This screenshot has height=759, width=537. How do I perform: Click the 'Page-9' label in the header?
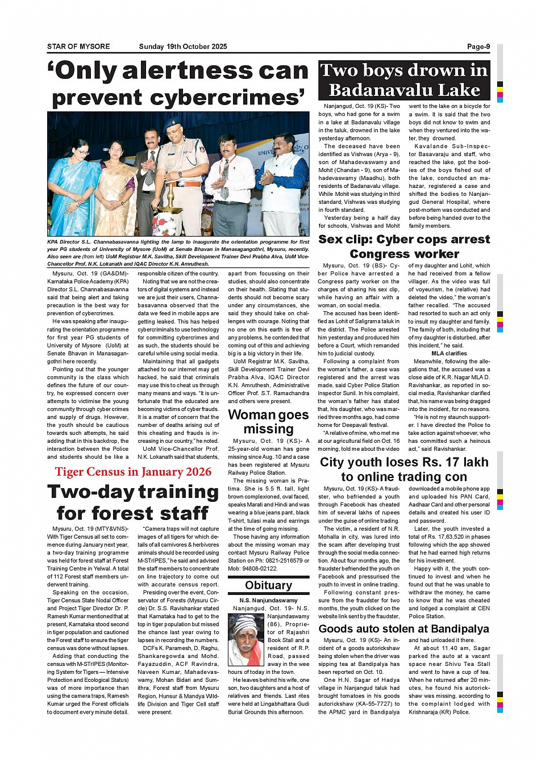pyautogui.click(x=478, y=47)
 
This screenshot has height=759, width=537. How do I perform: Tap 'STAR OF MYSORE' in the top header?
pyautogui.click(x=78, y=47)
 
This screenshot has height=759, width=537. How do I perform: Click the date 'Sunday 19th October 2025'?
pyautogui.click(x=182, y=47)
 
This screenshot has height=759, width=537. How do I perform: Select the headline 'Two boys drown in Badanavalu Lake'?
pyautogui.click(x=404, y=80)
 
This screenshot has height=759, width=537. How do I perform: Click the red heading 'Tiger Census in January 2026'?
pyautogui.click(x=133, y=472)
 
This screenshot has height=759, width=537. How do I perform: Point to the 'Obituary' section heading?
pyautogui.click(x=268, y=585)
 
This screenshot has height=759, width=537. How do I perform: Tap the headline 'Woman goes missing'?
pyautogui.click(x=268, y=422)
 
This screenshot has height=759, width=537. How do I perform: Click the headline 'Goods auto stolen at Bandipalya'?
pyautogui.click(x=403, y=628)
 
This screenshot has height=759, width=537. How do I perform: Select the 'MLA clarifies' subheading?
pyautogui.click(x=449, y=353)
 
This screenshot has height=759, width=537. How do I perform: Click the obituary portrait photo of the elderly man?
pyautogui.click(x=246, y=640)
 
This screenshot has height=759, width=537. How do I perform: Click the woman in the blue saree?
pyautogui.click(x=73, y=187)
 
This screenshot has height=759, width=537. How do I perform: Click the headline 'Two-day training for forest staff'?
pyautogui.click(x=133, y=502)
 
